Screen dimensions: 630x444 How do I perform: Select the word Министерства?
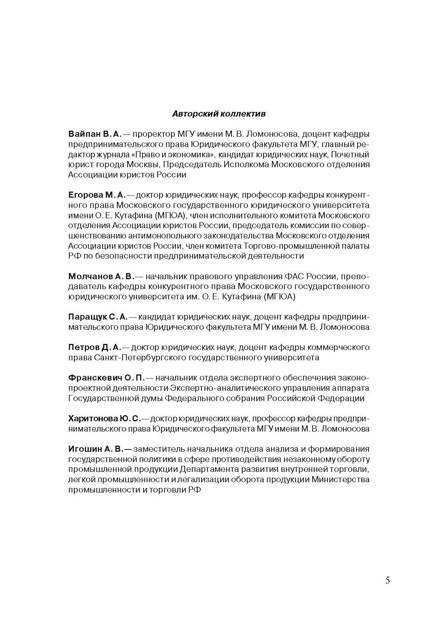[340, 480]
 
